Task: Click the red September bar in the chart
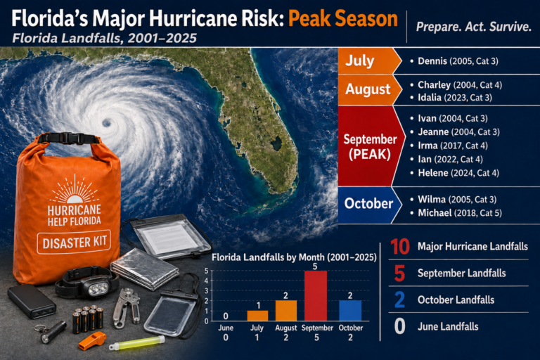[316, 295]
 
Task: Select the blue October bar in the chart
[350, 310]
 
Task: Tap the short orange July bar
[257, 316]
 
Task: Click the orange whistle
[92, 340]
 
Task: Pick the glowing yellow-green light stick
[137, 343]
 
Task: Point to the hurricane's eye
[107, 122]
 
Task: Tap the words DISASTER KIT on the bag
[75, 242]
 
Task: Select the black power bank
[32, 300]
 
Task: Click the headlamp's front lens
[98, 289]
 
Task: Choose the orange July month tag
[369, 61]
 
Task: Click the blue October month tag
[369, 204]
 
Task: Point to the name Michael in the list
[435, 213]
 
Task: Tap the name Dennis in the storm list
[432, 61]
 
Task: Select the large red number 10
[400, 247]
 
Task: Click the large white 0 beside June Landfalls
[399, 326]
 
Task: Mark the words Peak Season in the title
[343, 19]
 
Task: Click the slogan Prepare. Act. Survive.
[474, 27]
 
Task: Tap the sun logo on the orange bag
[74, 191]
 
